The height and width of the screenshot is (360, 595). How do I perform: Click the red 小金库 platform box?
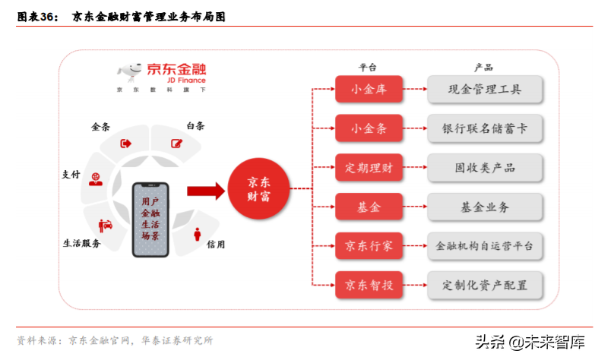(369, 90)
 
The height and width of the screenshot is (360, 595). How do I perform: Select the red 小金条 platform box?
(369, 129)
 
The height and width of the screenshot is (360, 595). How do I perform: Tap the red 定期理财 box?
(369, 168)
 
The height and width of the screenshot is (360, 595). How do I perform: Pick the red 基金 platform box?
(369, 207)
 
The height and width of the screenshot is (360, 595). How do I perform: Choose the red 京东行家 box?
(369, 246)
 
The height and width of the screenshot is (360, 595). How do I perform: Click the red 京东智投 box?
(369, 286)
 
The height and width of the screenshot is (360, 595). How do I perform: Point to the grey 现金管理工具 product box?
(485, 90)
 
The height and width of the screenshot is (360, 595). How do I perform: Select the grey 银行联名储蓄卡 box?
(485, 129)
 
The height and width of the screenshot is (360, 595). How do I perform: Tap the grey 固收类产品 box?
(485, 168)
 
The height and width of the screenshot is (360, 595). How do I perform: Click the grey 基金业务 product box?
(485, 207)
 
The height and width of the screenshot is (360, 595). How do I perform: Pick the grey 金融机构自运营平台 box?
(485, 246)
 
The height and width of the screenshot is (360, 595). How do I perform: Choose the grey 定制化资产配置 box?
(485, 286)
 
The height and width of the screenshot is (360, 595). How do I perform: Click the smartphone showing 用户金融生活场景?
(150, 219)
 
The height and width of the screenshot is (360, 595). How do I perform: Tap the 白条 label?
(195, 126)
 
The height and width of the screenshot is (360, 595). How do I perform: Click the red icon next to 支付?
(96, 179)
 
